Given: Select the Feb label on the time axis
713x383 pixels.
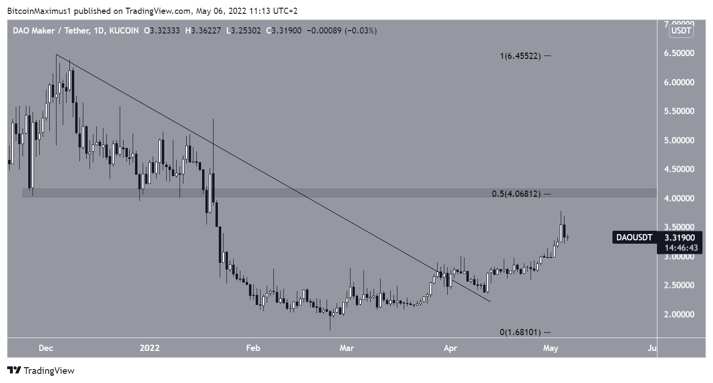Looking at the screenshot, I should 253,348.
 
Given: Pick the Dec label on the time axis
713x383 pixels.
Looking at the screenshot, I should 46,348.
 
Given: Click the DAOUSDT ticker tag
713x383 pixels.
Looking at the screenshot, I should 634,237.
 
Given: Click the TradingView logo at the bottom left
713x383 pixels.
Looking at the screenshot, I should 41,371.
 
